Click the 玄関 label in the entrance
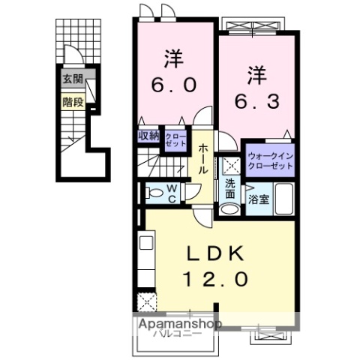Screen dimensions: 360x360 [73, 79]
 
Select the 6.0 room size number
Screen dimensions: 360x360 [176, 85]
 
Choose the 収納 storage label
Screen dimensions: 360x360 [148, 136]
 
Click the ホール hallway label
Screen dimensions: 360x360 [203, 159]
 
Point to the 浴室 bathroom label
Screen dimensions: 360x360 [257, 200]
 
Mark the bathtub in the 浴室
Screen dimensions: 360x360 [284, 199]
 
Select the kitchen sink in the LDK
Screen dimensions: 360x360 [145, 244]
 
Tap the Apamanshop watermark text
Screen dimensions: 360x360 [178, 323]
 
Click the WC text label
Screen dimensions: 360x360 [171, 193]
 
